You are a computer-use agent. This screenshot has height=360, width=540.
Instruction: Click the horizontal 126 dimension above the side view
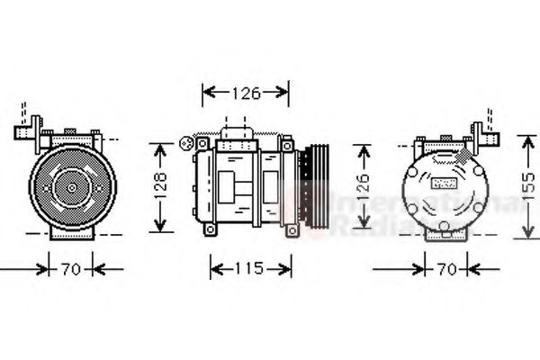pyautogui.click(x=245, y=91)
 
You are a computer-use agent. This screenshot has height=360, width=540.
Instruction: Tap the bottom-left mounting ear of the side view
pyautogui.click(x=211, y=229)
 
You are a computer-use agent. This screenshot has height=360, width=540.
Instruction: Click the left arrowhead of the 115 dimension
pyautogui.click(x=214, y=267)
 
